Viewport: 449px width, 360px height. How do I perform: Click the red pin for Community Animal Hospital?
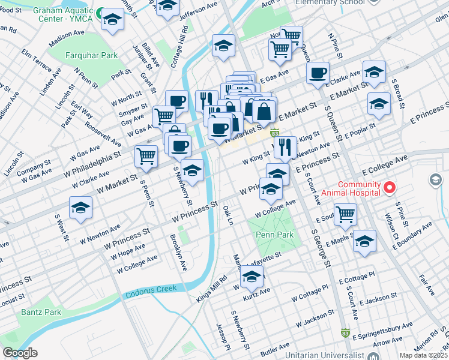[389, 188]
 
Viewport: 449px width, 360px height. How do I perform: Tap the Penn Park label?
[275, 235]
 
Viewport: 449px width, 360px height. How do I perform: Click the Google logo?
[20, 353]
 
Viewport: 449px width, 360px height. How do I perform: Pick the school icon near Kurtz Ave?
[252, 277]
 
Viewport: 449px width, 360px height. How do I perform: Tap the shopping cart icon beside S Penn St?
[146, 156]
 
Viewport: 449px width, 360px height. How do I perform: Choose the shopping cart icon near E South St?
[345, 214]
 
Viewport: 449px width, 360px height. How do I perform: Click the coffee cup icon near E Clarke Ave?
[318, 73]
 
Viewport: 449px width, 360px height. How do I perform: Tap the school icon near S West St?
[80, 208]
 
